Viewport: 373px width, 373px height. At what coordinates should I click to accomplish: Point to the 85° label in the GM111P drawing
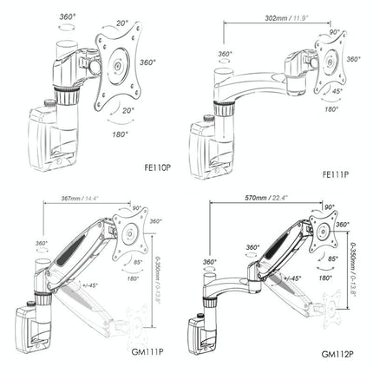click(141, 263)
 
